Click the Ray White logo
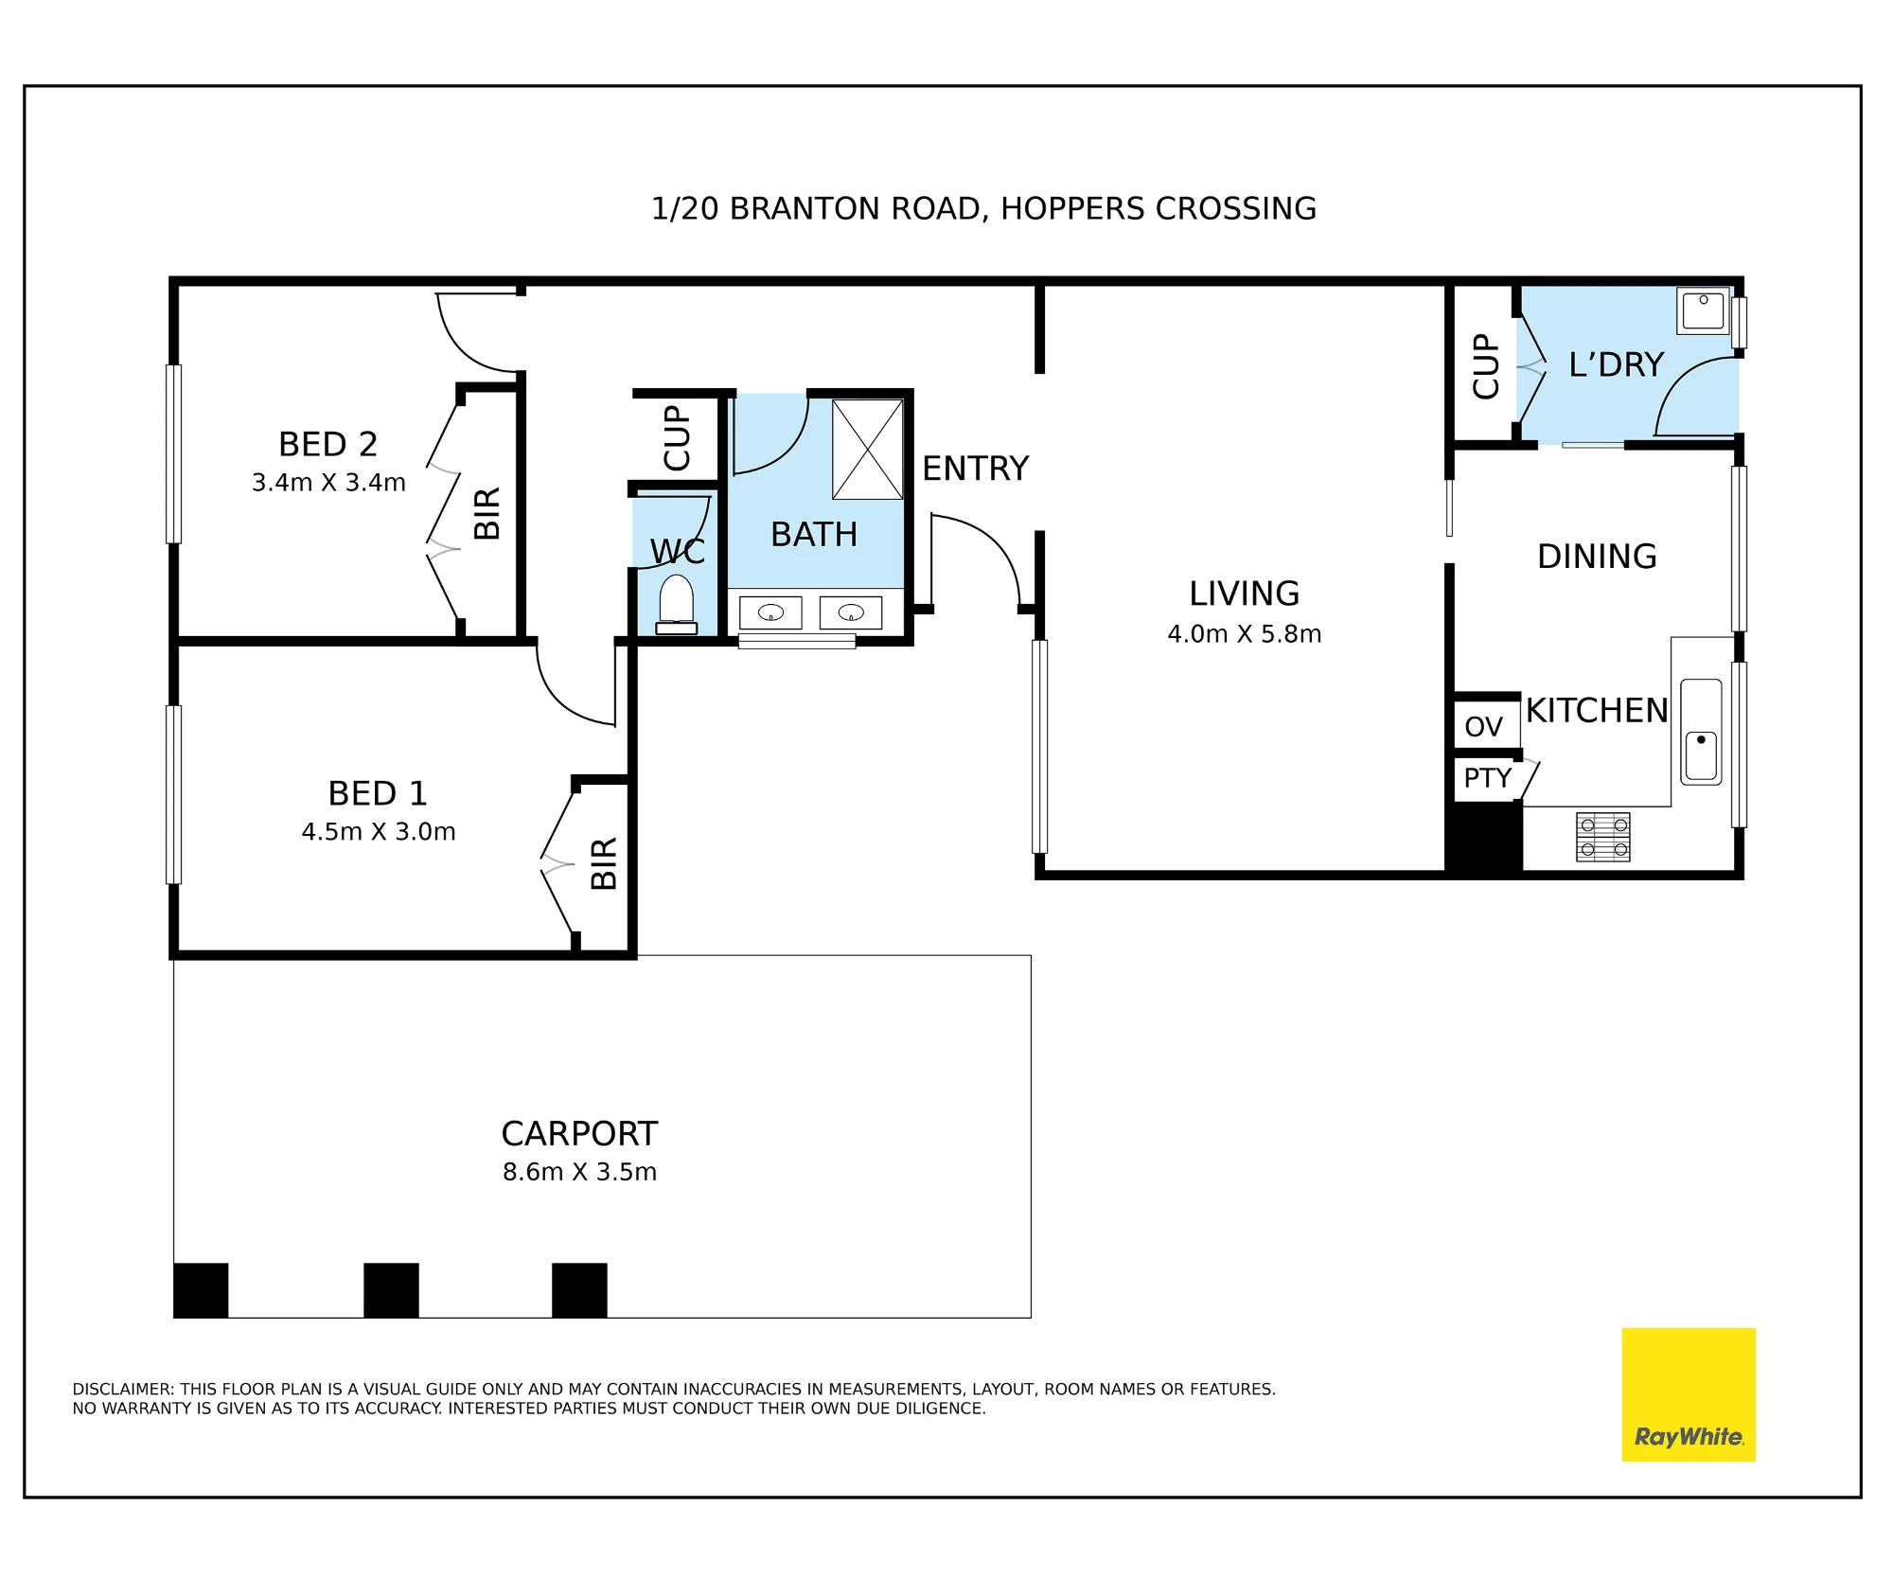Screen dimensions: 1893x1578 [1689, 1394]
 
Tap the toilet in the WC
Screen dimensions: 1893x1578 [676, 604]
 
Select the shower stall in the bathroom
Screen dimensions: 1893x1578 [867, 449]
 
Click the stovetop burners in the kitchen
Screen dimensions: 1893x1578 [1602, 837]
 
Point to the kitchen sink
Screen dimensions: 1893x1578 [1700, 732]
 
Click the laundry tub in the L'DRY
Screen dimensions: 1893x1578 [1703, 310]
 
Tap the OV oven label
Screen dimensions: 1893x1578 [1483, 727]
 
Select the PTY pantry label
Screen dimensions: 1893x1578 [1487, 778]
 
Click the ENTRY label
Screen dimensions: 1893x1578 [975, 469]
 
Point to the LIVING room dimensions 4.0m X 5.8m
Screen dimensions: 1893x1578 [1244, 634]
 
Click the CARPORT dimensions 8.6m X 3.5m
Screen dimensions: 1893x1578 [579, 1172]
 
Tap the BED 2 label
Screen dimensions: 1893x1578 [327, 444]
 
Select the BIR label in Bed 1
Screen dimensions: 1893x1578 [603, 863]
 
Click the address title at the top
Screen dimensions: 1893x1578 [983, 208]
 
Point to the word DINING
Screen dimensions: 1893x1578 [1597, 557]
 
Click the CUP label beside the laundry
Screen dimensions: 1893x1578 [1485, 365]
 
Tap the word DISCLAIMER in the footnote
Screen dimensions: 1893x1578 [123, 1390]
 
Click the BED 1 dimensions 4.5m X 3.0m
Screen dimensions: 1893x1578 [379, 832]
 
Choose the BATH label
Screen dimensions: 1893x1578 [814, 535]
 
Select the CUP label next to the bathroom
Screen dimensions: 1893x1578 [677, 437]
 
